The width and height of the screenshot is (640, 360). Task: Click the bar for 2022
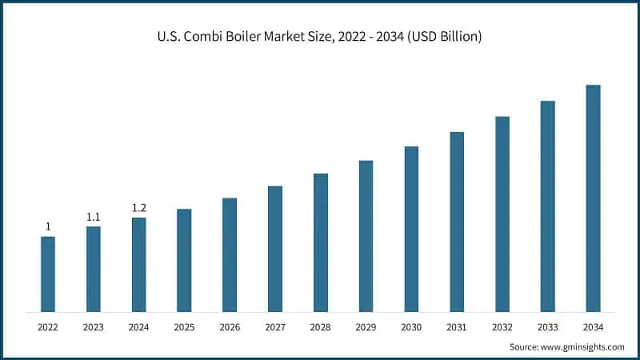[x=48, y=274]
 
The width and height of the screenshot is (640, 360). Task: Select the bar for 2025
[x=184, y=260]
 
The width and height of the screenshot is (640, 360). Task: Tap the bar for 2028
[x=321, y=242]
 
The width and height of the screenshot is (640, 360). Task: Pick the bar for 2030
[x=411, y=229]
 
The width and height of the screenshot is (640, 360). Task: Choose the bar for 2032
[x=502, y=214]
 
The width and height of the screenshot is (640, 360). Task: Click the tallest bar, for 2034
[x=593, y=198]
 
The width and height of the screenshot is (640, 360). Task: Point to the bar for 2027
[x=275, y=249]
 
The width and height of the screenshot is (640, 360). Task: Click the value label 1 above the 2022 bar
[x=48, y=226]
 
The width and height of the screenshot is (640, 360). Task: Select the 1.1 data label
[x=94, y=217]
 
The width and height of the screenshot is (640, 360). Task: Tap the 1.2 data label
[x=139, y=208]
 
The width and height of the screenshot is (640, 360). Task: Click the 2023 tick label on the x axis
[x=94, y=327]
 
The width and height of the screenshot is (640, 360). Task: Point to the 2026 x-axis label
[x=230, y=327]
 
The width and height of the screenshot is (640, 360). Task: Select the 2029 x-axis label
[x=366, y=327]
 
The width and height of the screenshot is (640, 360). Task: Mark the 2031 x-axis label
[x=457, y=327]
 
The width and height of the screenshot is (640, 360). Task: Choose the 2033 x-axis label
[x=547, y=327]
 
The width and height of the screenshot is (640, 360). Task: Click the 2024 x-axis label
[x=139, y=327]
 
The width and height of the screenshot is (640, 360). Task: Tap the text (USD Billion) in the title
[x=446, y=37]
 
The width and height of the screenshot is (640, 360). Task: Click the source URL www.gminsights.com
[x=583, y=347]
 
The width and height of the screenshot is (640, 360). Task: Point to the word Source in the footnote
[x=525, y=347]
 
